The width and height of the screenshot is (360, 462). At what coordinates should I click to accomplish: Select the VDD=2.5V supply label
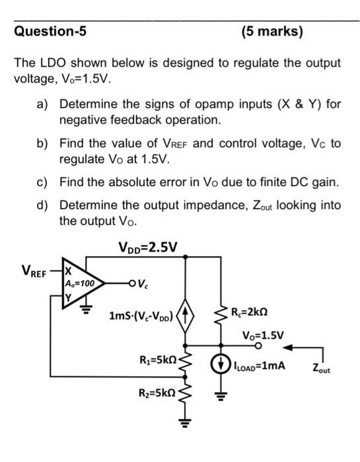[x=148, y=248]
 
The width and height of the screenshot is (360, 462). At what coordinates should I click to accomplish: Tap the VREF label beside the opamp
[x=34, y=271]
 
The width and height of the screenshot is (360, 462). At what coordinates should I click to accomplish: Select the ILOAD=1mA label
[x=259, y=362]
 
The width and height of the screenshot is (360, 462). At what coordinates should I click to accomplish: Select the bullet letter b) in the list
[x=48, y=143]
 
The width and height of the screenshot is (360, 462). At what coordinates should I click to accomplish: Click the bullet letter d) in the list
[x=48, y=206]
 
